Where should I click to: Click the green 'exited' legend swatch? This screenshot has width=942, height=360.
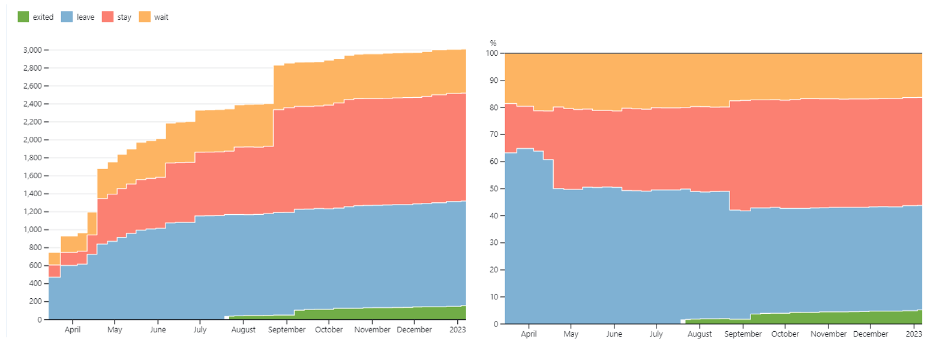[23, 17]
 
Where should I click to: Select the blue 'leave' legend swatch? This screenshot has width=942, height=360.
[67, 17]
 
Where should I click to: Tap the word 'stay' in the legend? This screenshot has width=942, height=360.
[124, 17]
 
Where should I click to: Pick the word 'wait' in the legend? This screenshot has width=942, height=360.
[161, 17]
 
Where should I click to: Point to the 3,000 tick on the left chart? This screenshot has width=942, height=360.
[32, 50]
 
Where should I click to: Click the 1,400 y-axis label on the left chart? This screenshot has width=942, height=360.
[32, 194]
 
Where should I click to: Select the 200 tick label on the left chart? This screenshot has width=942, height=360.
[35, 302]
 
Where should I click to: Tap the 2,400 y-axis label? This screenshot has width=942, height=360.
[32, 104]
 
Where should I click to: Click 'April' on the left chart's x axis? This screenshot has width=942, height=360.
[73, 330]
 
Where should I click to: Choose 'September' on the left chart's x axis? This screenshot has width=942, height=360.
[287, 330]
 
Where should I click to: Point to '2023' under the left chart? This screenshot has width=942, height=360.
[458, 330]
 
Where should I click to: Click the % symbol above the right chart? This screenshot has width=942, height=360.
[493, 43]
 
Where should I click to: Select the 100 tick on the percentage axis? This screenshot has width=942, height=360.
[492, 53]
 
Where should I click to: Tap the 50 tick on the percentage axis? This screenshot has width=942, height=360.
[494, 189]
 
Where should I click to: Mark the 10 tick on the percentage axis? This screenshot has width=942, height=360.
[494, 297]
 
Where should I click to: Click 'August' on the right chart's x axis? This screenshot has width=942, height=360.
[700, 334]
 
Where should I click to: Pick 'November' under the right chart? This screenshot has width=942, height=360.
[829, 334]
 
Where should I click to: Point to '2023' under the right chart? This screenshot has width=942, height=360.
[914, 334]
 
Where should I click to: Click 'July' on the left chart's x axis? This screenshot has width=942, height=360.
[200, 330]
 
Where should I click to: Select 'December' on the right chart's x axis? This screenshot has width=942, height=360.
[871, 334]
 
